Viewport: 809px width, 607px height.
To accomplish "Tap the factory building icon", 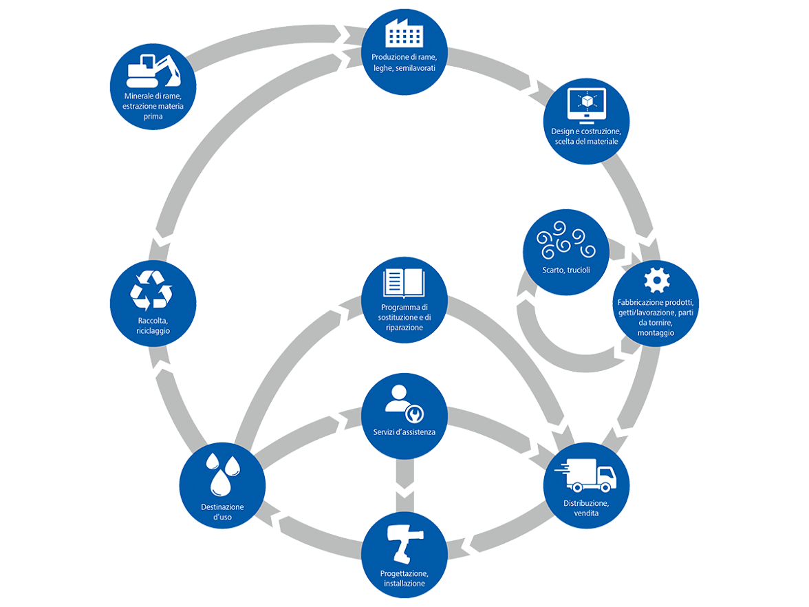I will click(x=404, y=32).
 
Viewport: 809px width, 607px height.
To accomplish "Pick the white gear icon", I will click(x=656, y=279).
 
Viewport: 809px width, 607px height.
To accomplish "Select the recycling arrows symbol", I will click(x=151, y=290).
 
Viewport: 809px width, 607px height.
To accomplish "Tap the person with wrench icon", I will click(x=404, y=402).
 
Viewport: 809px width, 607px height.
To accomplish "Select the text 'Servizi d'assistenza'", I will click(x=404, y=432).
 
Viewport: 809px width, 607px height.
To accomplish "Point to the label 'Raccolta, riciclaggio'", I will click(x=153, y=326).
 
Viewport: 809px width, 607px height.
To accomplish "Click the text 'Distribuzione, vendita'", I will click(x=586, y=508).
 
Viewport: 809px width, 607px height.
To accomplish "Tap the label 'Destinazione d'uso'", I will click(x=222, y=512).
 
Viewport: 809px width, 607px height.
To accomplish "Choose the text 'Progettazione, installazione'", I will click(x=404, y=579).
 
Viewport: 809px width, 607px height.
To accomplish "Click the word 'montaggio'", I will click(x=656, y=332).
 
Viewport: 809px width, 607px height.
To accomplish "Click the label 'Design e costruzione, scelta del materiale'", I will click(x=586, y=136).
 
